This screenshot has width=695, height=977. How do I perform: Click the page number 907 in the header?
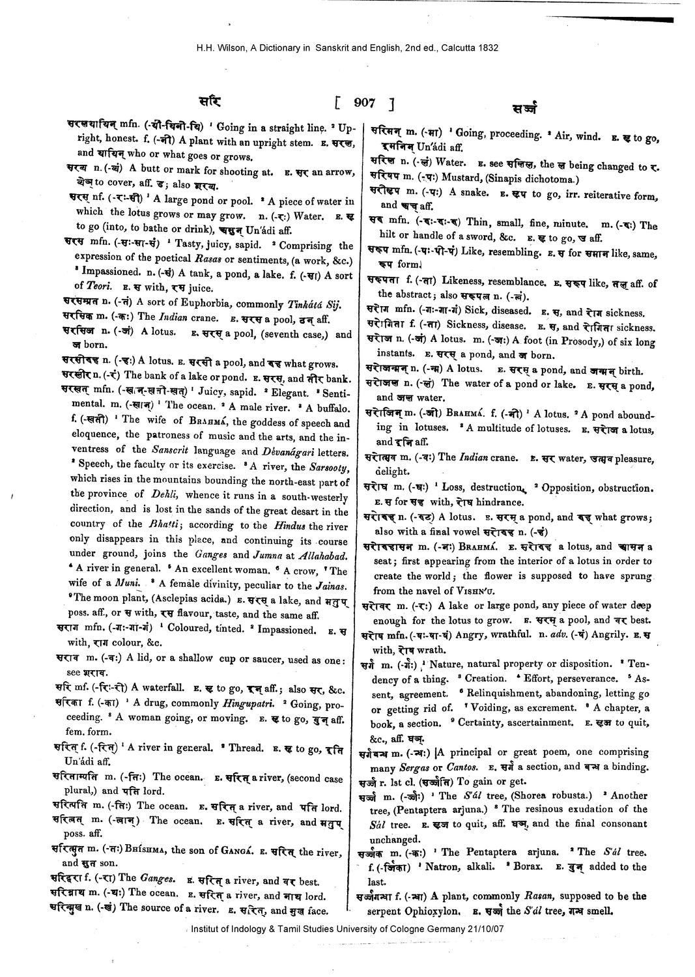tap(364, 102)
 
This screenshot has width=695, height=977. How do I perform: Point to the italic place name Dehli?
tap(163, 494)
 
